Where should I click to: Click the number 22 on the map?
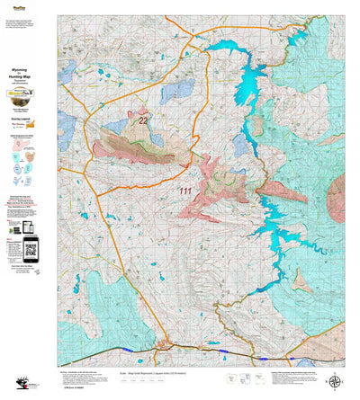tap(143, 119)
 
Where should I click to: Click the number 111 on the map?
tap(185, 191)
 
